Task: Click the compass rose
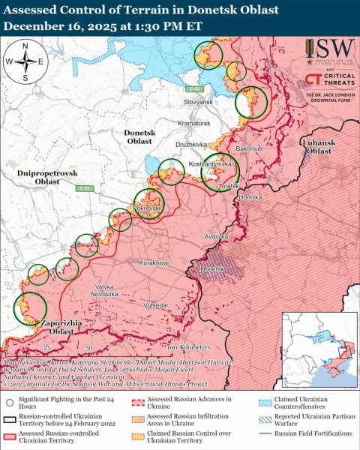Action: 25,61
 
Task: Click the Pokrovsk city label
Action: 147,207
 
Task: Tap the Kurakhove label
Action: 154,263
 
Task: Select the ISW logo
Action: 330,52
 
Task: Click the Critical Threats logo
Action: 330,81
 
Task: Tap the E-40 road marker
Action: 193,88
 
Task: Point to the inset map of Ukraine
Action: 318,347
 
